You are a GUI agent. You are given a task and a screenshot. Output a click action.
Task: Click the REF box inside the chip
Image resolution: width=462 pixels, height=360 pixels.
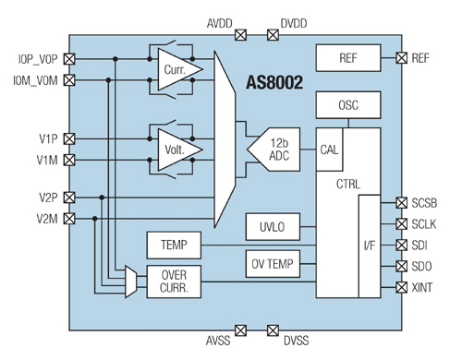tap(347, 58)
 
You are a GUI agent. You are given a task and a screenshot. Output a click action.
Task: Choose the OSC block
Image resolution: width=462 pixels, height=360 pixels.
tap(347, 105)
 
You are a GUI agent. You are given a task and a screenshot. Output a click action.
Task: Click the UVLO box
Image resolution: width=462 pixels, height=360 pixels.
tap(269, 225)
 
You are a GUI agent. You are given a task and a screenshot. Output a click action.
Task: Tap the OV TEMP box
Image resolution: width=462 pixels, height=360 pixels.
tap(274, 264)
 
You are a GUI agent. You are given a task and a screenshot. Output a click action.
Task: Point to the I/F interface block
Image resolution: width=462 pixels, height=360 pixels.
tap(370, 246)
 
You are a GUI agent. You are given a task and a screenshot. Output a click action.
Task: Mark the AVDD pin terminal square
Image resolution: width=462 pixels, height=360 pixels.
tap(241, 35)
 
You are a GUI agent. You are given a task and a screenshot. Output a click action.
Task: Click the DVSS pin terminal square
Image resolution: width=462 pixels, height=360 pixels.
tap(274, 330)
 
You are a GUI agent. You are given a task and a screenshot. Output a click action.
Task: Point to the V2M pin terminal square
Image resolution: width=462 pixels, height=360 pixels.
tap(69, 219)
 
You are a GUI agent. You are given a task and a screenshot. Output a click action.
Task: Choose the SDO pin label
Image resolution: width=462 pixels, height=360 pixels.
tap(424, 267)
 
